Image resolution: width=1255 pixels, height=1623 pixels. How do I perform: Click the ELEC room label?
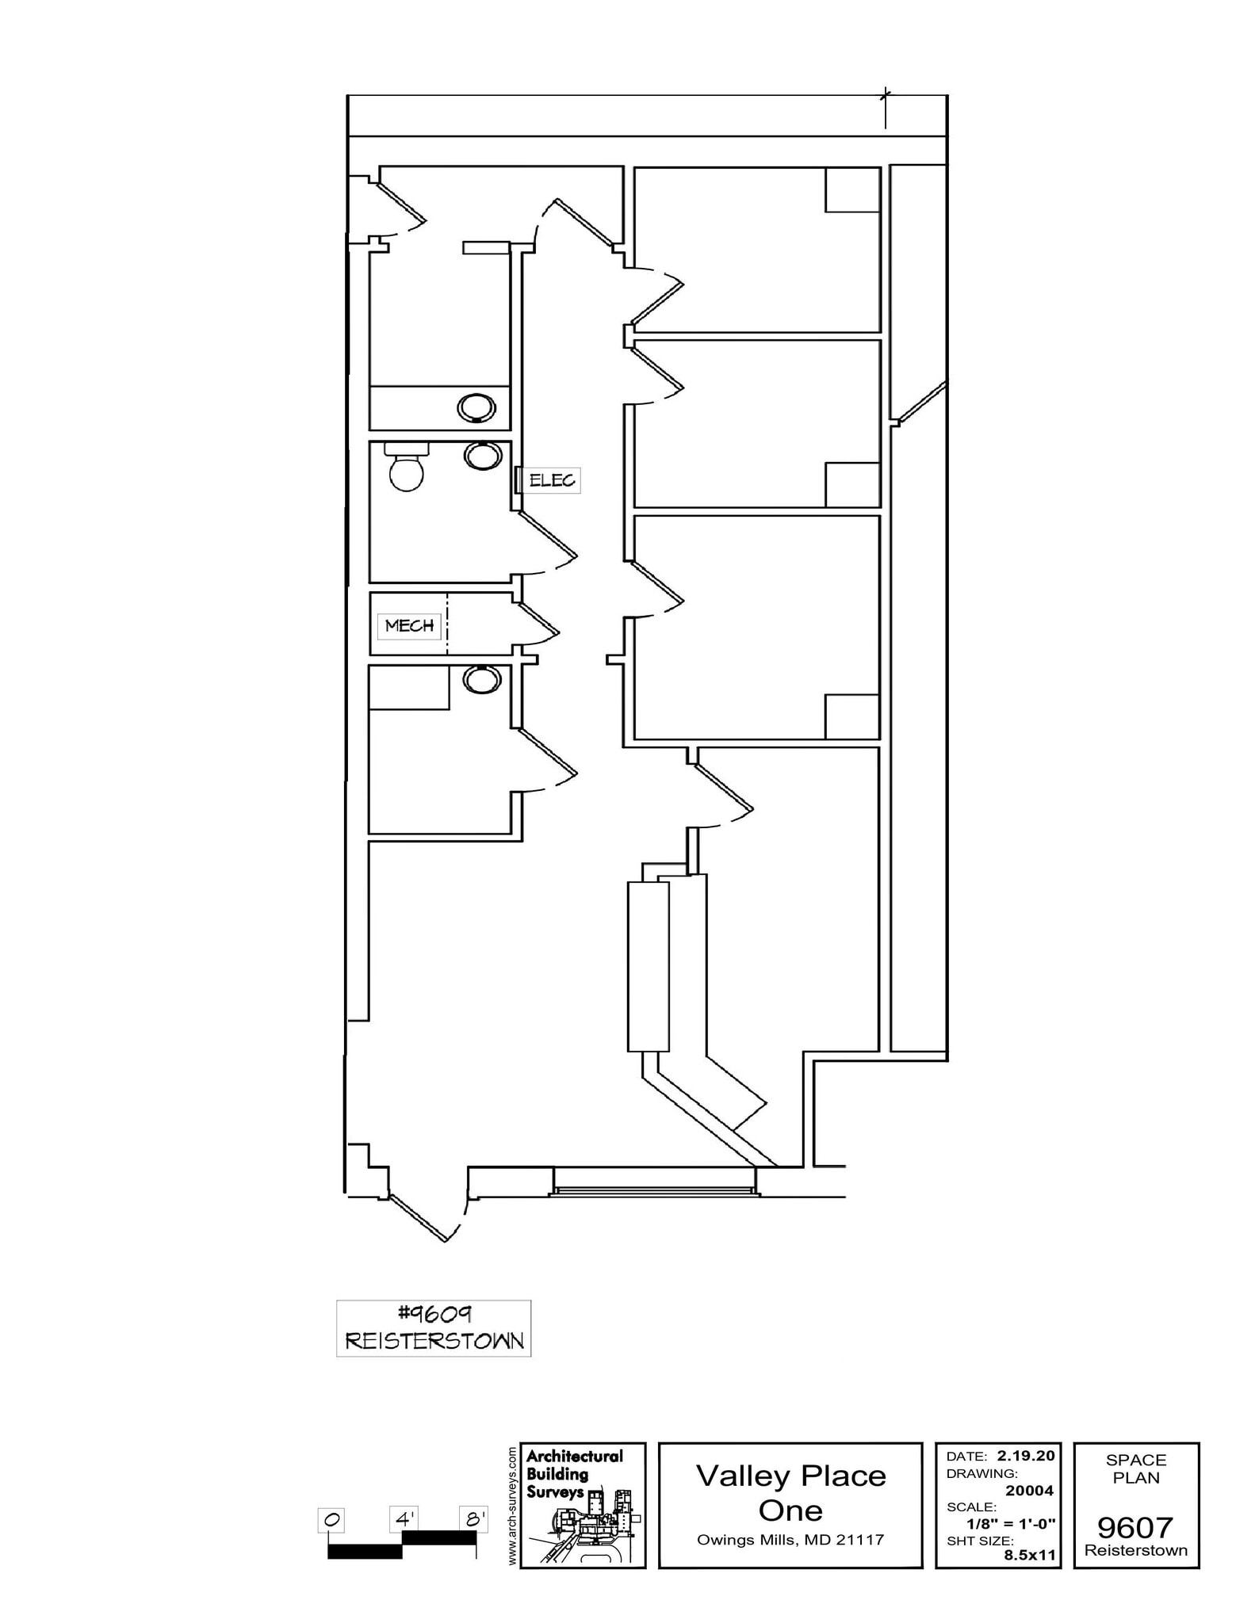[552, 480]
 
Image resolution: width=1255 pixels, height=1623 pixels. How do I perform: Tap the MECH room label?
[409, 626]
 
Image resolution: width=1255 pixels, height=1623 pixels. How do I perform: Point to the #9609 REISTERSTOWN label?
[434, 1328]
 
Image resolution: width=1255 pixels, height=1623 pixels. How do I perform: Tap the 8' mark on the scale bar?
[474, 1519]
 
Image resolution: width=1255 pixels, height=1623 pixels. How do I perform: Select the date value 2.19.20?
[1026, 1456]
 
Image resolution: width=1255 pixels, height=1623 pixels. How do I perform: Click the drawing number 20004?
[1029, 1491]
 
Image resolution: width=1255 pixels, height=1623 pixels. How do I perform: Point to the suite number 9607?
[1135, 1526]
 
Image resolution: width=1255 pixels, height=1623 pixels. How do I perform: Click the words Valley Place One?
[790, 1493]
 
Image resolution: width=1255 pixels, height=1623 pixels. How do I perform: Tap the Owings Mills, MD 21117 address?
[790, 1540]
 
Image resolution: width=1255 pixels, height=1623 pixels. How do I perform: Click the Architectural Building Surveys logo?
[583, 1505]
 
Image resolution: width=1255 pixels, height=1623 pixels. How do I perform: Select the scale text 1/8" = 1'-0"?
[1011, 1523]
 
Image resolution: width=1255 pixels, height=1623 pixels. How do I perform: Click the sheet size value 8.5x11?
[1030, 1555]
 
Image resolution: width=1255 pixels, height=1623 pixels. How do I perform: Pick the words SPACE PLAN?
[1136, 1468]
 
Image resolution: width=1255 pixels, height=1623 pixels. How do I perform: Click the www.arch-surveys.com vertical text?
[512, 1505]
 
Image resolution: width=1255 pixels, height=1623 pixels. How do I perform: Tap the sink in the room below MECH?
[482, 679]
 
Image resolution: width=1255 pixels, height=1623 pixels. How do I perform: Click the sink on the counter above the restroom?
[476, 408]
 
